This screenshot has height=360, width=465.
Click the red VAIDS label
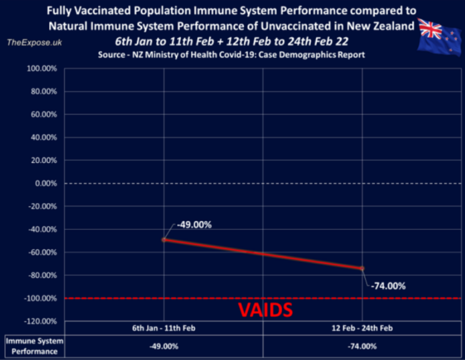tap(264, 310)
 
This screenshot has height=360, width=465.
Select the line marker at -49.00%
tap(164, 239)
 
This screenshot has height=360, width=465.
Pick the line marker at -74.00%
tap(362, 268)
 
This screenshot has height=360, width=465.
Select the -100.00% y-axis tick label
tap(39, 298)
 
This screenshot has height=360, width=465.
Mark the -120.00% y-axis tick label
tap(39, 321)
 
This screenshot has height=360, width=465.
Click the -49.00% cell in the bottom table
tap(164, 347)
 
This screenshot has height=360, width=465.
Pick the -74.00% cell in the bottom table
tap(362, 347)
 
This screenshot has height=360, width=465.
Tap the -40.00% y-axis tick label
tap(41, 229)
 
